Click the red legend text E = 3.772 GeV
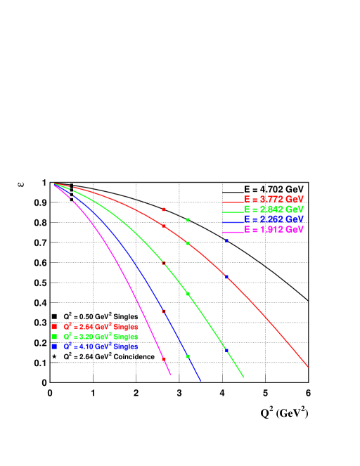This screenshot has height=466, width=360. pyautogui.click(x=274, y=199)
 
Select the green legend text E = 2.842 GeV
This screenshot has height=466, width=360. pyautogui.click(x=274, y=209)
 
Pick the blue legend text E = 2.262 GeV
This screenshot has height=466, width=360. pyautogui.click(x=274, y=219)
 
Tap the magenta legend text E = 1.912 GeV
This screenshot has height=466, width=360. pyautogui.click(x=274, y=230)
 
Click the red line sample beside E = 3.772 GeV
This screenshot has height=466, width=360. pyautogui.click(x=232, y=202)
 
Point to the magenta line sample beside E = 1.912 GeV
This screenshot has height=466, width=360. pyautogui.click(x=232, y=232)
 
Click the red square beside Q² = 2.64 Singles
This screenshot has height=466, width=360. pyautogui.click(x=54, y=327)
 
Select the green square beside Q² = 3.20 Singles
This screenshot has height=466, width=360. pyautogui.click(x=54, y=337)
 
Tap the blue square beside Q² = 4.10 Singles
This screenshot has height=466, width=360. pyautogui.click(x=54, y=347)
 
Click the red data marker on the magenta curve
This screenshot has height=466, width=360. pyautogui.click(x=164, y=359)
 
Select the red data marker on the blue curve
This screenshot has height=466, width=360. pyautogui.click(x=164, y=311)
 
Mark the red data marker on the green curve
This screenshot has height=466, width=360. pyautogui.click(x=164, y=264)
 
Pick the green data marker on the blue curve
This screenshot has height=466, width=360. pyautogui.click(x=188, y=356)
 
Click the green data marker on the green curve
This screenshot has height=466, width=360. pyautogui.click(x=188, y=294)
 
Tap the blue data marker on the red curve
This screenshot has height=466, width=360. pyautogui.click(x=226, y=277)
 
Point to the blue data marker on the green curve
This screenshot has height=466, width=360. pyautogui.click(x=226, y=350)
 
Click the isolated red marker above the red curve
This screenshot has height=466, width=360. pyautogui.click(x=164, y=209)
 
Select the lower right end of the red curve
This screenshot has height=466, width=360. pyautogui.click(x=307, y=365)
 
